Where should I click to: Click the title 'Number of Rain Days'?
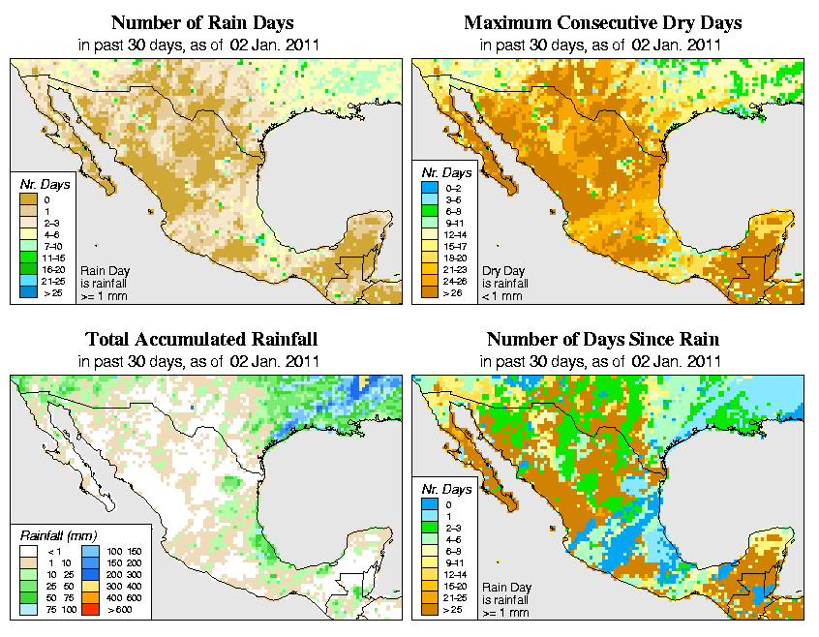click(201, 22)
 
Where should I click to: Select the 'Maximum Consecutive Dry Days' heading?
click(602, 22)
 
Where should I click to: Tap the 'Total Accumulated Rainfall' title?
click(201, 340)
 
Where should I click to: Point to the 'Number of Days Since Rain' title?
click(602, 340)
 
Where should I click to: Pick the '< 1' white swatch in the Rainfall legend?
click(29, 550)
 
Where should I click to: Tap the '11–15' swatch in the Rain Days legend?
click(29, 258)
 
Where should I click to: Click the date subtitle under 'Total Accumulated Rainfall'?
click(201, 361)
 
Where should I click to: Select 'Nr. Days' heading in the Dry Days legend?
click(448, 172)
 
